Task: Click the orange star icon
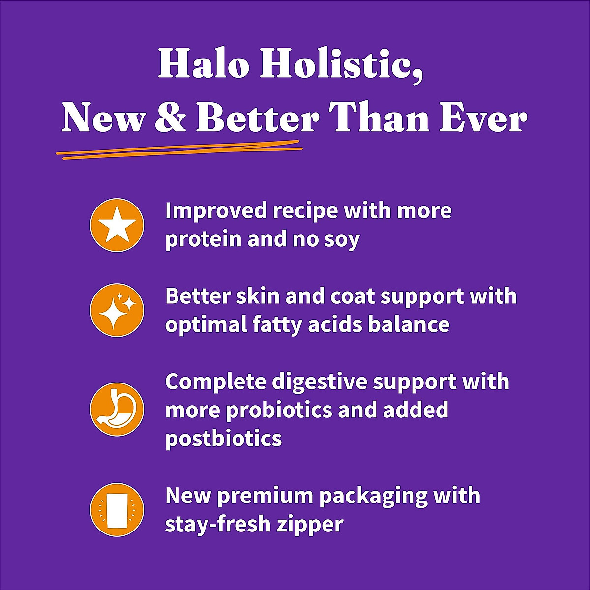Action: click(117, 225)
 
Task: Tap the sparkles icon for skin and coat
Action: click(117, 311)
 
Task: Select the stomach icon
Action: click(117, 409)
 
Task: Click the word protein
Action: click(202, 240)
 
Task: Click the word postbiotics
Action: click(223, 438)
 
